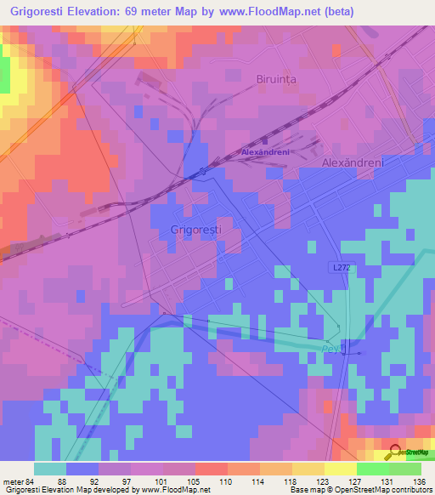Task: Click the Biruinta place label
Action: [x=279, y=79]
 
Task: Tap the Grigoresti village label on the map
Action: [x=196, y=230]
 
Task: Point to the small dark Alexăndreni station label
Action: [x=267, y=152]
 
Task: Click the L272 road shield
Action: [x=340, y=267]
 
